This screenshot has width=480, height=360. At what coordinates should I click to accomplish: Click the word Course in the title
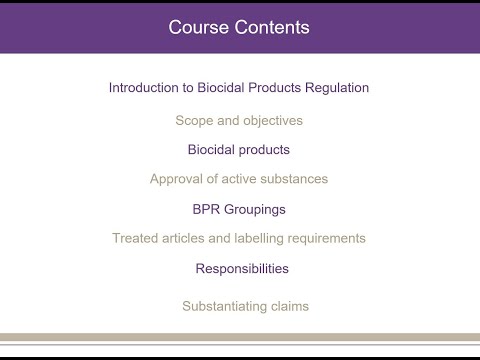pyautogui.click(x=197, y=27)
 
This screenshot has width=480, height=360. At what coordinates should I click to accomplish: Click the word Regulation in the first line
pyautogui.click(x=334, y=88)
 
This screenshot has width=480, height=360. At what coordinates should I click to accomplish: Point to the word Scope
pyautogui.click(x=194, y=120)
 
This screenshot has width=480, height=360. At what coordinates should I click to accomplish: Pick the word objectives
pyautogui.click(x=271, y=120)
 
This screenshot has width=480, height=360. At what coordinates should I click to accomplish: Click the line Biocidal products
pyautogui.click(x=239, y=150)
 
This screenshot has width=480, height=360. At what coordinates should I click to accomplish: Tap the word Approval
pyautogui.click(x=177, y=179)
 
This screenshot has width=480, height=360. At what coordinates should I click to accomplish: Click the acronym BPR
pyautogui.click(x=208, y=209)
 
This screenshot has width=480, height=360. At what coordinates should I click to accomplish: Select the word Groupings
pyautogui.click(x=257, y=209)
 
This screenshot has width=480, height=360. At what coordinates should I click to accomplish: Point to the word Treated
pyautogui.click(x=134, y=238)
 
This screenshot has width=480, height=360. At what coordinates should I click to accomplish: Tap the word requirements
pyautogui.click(x=327, y=238)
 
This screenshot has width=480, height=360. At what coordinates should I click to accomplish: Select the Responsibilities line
pyautogui.click(x=242, y=268)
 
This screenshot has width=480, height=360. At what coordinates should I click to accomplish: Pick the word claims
pyautogui.click(x=289, y=306)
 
